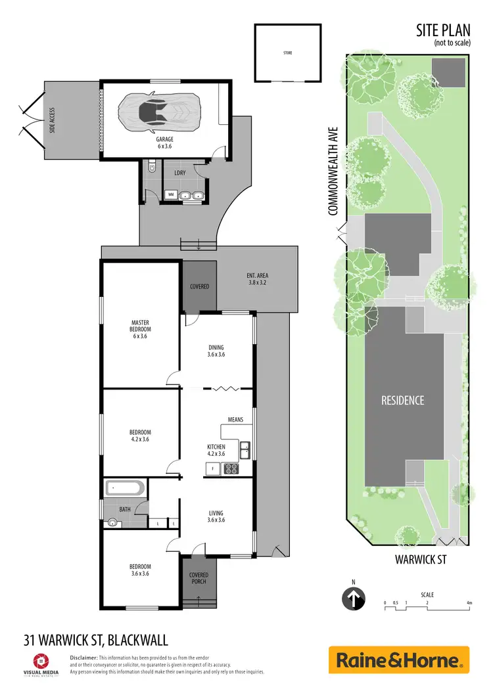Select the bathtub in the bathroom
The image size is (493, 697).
(123, 489)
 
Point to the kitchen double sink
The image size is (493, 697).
(245, 449)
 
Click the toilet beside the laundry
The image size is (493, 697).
(152, 169)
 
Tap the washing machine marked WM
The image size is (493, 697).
(171, 194)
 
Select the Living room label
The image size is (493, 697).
(216, 516)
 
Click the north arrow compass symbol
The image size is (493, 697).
(354, 598)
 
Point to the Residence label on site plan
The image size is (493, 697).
(403, 400)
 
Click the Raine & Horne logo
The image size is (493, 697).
(399, 660)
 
